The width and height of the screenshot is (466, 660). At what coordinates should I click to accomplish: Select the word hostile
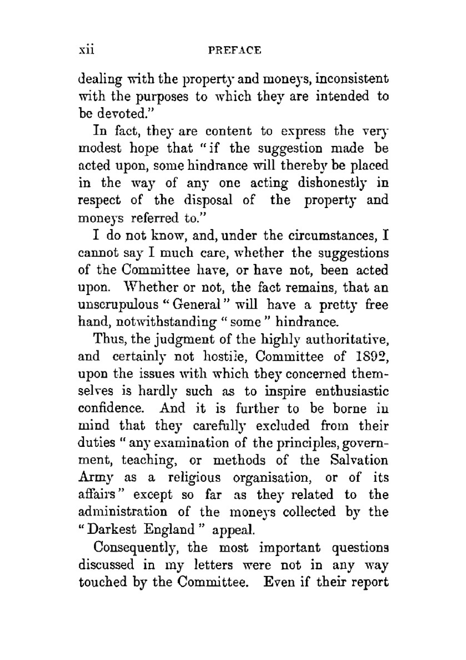(225, 357)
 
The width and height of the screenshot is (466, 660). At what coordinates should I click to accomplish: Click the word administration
(123, 512)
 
